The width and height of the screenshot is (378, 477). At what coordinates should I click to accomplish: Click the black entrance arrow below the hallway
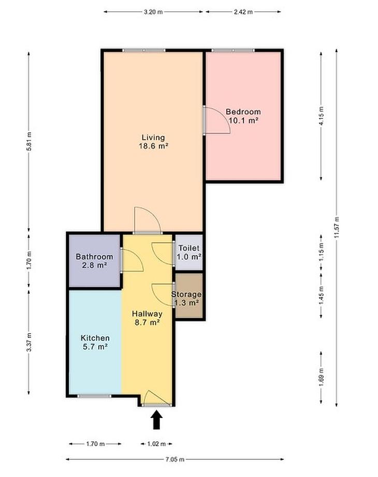click(x=156, y=420)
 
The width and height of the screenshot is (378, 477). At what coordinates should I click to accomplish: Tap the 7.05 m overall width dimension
click(x=175, y=459)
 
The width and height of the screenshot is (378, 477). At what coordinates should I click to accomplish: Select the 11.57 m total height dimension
click(x=336, y=228)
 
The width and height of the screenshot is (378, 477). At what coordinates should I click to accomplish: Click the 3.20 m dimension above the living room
click(x=153, y=12)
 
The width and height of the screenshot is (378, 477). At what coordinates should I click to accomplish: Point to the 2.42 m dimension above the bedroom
click(x=243, y=12)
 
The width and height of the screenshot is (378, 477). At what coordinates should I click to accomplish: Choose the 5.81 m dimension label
click(x=29, y=141)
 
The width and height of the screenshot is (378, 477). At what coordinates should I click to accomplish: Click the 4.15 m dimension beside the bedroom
click(x=321, y=116)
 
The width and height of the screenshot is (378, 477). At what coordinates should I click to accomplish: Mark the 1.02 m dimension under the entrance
click(x=156, y=444)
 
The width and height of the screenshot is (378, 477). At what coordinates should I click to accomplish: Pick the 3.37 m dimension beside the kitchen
click(x=29, y=342)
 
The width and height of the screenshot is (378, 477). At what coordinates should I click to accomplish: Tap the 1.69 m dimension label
click(x=321, y=378)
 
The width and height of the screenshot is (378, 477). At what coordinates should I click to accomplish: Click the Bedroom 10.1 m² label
click(x=243, y=116)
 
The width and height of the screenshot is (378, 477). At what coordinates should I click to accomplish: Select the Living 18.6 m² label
click(x=153, y=141)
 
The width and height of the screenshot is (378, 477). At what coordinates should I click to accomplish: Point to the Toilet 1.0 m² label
click(x=189, y=252)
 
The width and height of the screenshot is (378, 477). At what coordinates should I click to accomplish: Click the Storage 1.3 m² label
click(x=186, y=299)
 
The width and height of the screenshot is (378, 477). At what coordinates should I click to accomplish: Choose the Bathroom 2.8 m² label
click(x=94, y=261)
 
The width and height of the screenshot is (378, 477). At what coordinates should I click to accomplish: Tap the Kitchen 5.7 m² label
click(x=95, y=342)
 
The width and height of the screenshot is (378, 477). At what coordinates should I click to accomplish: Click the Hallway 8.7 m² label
click(x=147, y=318)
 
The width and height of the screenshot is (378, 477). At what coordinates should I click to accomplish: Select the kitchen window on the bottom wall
click(x=94, y=396)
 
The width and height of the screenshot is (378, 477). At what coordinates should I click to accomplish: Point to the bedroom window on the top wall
click(x=233, y=50)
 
